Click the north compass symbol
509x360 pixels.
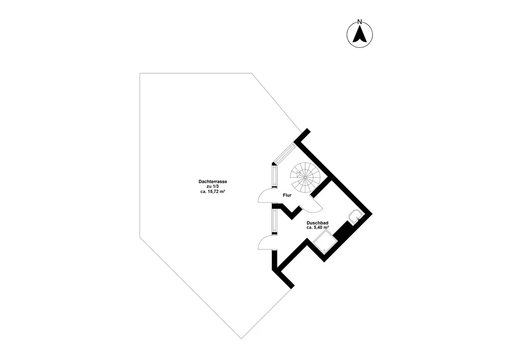coord(359,35)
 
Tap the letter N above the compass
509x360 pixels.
coord(359,21)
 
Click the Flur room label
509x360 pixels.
coord(287,195)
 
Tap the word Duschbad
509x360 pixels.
coord(317,223)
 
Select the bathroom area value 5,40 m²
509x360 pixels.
coord(318,228)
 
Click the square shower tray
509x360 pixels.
coord(324,241)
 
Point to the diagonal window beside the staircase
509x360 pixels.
coord(285,154)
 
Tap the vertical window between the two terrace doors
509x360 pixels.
coord(275,222)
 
